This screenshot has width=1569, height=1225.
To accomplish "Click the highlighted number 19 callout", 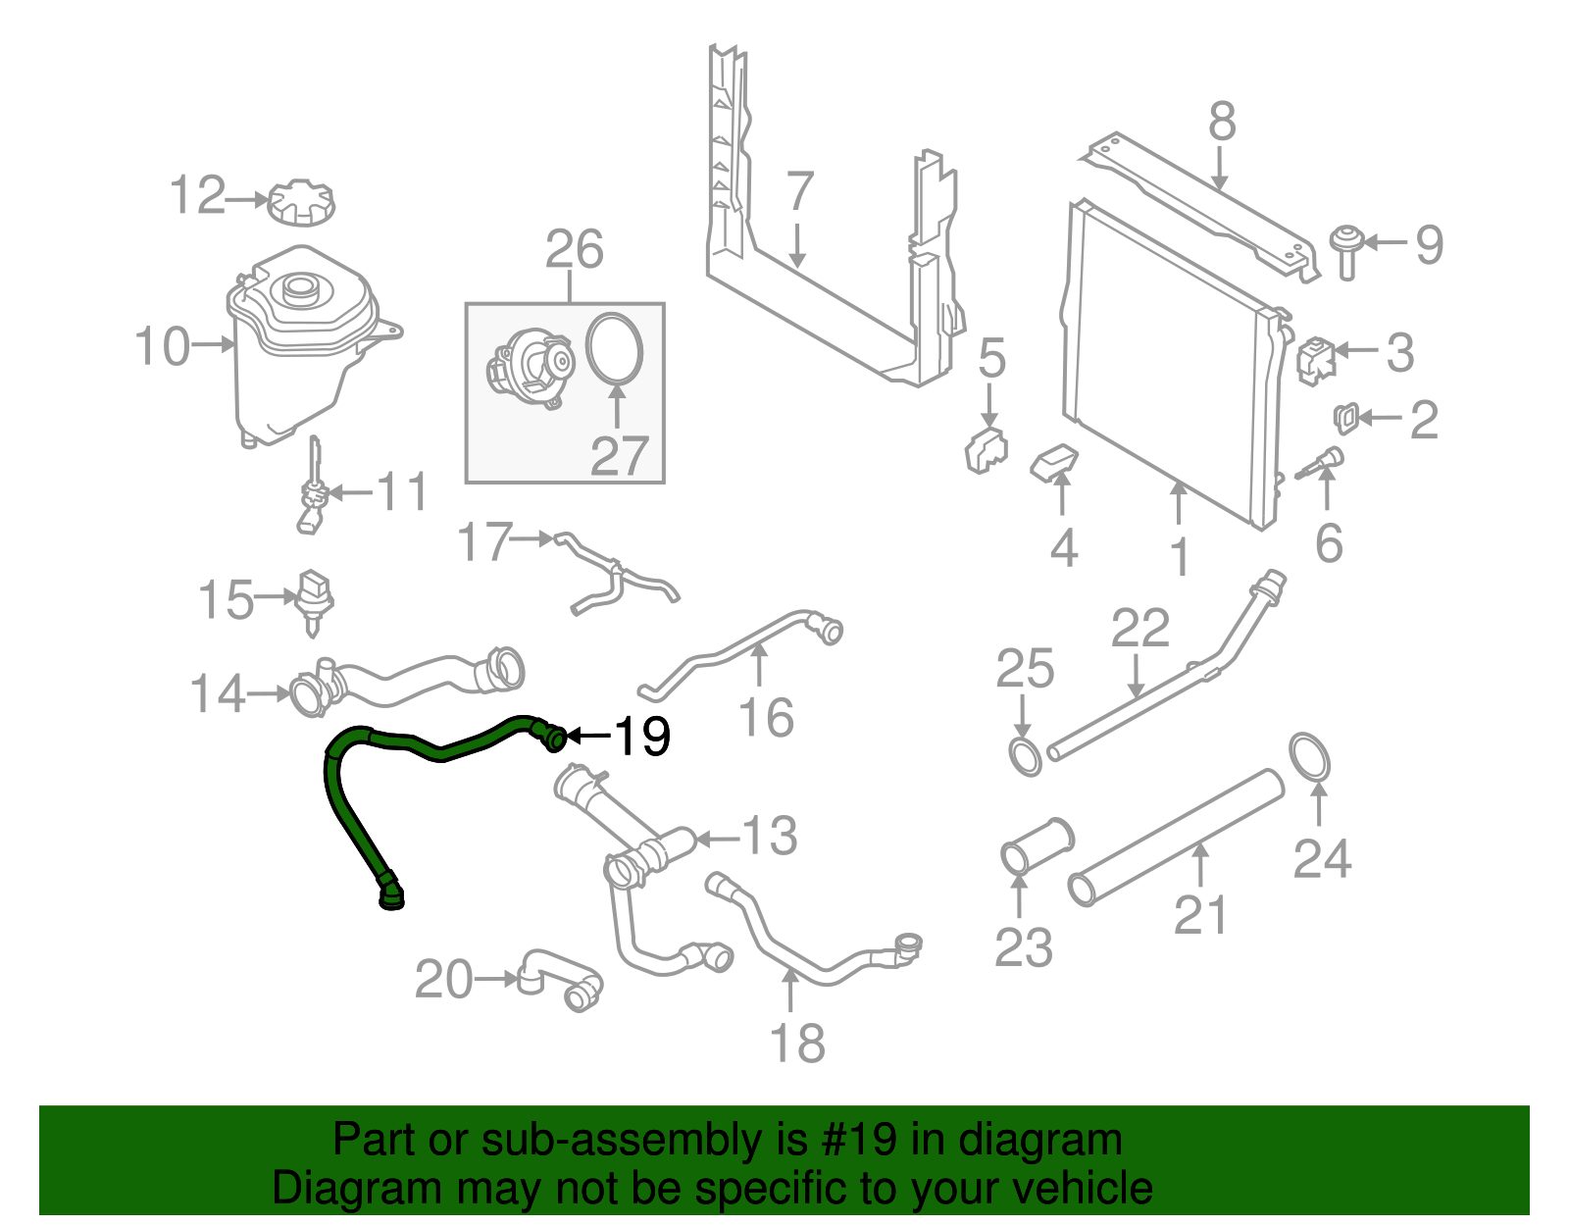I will pyautogui.click(x=642, y=736).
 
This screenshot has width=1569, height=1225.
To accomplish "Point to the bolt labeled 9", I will pyautogui.click(x=1346, y=250).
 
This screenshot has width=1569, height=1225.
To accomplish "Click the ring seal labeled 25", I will pyautogui.click(x=1025, y=757).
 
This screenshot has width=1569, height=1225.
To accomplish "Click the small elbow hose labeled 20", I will pyautogui.click(x=561, y=978).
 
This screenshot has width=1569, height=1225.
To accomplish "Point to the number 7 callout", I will pyautogui.click(x=800, y=191).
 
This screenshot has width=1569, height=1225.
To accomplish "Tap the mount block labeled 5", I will pyautogui.click(x=986, y=449).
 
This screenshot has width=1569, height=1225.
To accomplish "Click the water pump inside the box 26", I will pyautogui.click(x=531, y=369).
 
